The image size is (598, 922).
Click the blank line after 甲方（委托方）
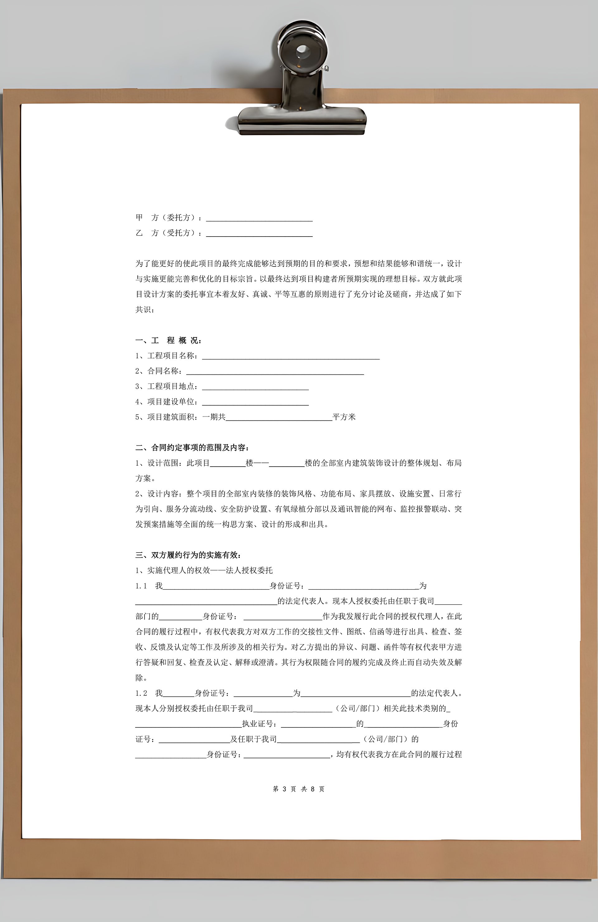tap(259, 219)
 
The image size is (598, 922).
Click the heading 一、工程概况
tap(168, 341)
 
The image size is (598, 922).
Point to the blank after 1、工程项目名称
tap(291, 356)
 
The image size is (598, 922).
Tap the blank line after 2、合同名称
tap(275, 372)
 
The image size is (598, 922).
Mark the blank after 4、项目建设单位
tap(255, 402)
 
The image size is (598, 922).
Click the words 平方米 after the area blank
tap(344, 417)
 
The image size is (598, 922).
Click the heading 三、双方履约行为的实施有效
tap(188, 555)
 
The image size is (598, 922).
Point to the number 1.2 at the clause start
tap(141, 693)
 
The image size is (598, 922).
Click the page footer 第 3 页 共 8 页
tap(299, 789)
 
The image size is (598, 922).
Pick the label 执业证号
tap(259, 724)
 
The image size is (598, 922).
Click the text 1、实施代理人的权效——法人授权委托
tap(204, 570)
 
